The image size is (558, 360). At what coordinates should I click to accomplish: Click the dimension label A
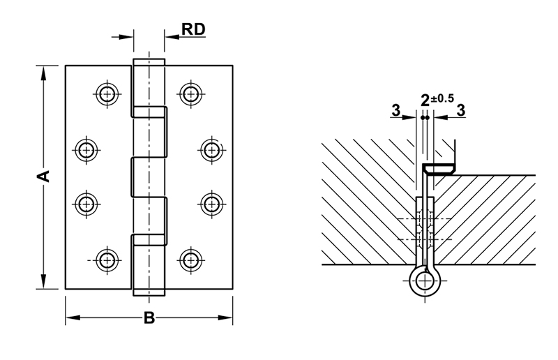pos(44,176)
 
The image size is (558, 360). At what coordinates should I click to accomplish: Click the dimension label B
pos(149,319)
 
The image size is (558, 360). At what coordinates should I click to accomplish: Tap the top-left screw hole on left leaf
pos(106,93)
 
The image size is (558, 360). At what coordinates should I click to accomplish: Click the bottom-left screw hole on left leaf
pos(106,260)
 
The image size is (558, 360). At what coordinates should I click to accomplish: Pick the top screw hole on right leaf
pos(190,93)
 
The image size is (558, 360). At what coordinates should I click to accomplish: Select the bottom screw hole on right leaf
pos(190,260)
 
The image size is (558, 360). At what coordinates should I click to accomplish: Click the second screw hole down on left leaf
pos(86,149)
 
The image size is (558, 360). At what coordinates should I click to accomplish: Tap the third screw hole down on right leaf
pos(211,204)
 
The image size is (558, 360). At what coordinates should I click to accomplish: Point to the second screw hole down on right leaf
pos(211,149)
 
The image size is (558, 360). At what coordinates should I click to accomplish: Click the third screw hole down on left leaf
pos(86,204)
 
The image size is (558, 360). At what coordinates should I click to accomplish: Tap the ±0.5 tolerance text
pos(442,97)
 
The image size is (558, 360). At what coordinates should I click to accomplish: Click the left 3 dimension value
pos(395,110)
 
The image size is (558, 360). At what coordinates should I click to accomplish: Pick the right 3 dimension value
pos(460,110)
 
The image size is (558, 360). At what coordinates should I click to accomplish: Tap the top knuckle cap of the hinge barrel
pos(149,61)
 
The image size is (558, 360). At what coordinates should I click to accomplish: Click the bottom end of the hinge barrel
pos(149,292)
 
